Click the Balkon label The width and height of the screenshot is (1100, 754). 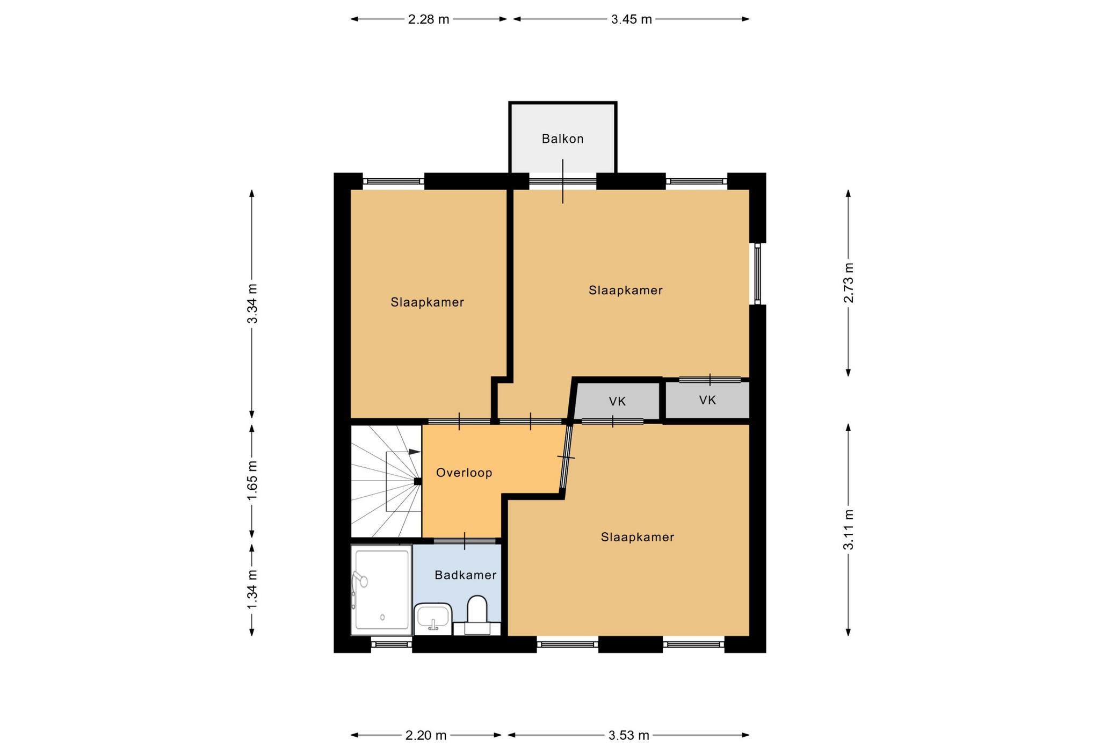pyautogui.click(x=562, y=139)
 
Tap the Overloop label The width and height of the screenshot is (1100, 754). pyautogui.click(x=464, y=473)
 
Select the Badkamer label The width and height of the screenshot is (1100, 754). pyautogui.click(x=466, y=575)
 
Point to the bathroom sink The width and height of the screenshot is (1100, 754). pyautogui.click(x=433, y=619)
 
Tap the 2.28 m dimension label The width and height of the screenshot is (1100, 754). pyautogui.click(x=429, y=20)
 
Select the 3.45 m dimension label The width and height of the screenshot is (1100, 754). pyautogui.click(x=632, y=20)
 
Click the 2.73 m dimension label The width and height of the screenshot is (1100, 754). pyautogui.click(x=849, y=282)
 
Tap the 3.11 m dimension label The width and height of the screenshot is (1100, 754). pyautogui.click(x=849, y=530)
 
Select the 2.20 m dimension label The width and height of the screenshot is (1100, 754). pyautogui.click(x=426, y=736)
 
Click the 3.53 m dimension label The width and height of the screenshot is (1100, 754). pyautogui.click(x=629, y=736)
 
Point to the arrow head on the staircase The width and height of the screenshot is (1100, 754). pyautogui.click(x=415, y=452)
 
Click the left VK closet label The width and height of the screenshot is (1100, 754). pyautogui.click(x=618, y=401)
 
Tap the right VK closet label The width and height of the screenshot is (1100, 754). pyautogui.click(x=708, y=400)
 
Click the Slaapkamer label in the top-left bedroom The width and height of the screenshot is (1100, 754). pyautogui.click(x=428, y=302)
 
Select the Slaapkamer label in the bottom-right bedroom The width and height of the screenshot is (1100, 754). pyautogui.click(x=638, y=537)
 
